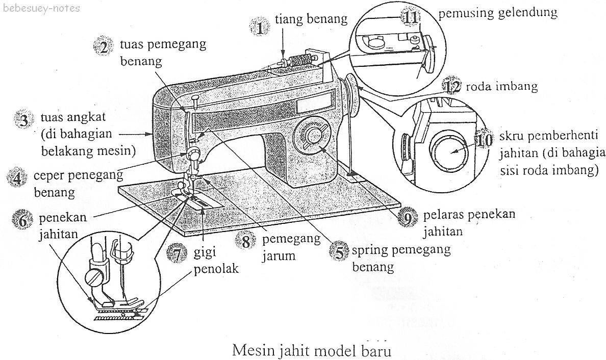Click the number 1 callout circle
click(x=261, y=26)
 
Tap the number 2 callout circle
click(x=104, y=47)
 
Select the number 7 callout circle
click(x=177, y=253)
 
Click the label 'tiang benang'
click(x=311, y=19)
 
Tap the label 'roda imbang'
click(x=502, y=86)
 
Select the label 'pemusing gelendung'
click(x=497, y=12)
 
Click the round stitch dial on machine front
click(x=313, y=136)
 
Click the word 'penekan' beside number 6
click(x=62, y=218)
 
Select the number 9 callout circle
click(x=408, y=219)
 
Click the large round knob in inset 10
click(x=449, y=152)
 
